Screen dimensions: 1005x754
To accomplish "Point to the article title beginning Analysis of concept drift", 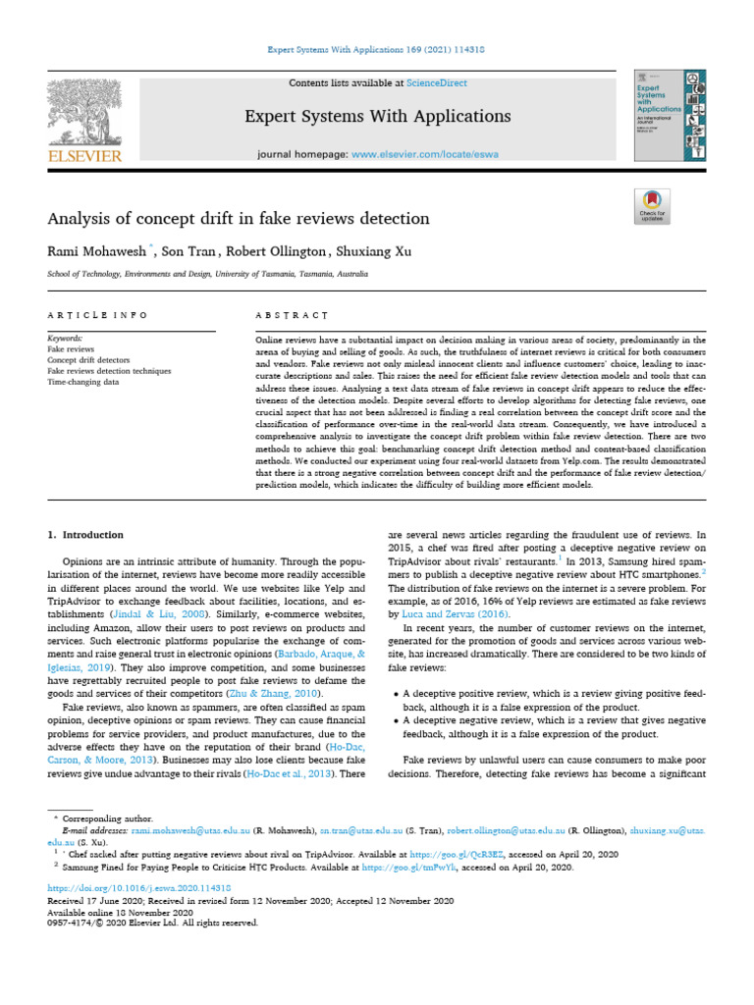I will pyautogui.click(x=239, y=218).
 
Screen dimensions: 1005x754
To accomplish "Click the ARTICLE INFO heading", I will pyautogui.click(x=97, y=315).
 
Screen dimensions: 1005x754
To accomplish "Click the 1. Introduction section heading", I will pyautogui.click(x=86, y=535).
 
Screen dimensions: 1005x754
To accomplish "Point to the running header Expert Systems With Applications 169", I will pyautogui.click(x=376, y=49).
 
